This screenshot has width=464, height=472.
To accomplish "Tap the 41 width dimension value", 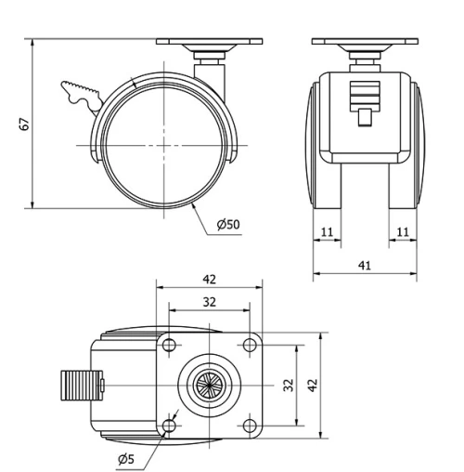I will click(x=364, y=265).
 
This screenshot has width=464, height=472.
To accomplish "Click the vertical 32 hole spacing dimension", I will click(x=290, y=385).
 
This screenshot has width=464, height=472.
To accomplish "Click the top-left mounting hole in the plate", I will click(x=169, y=346).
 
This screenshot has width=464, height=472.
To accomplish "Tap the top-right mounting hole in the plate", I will click(x=249, y=346).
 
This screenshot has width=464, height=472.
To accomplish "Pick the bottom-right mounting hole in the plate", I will click(x=249, y=426).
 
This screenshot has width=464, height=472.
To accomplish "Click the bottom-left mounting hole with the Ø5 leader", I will click(x=169, y=426).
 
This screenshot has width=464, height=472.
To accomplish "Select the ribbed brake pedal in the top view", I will click(x=77, y=384).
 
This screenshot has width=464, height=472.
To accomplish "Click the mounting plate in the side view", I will click(x=210, y=43).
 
